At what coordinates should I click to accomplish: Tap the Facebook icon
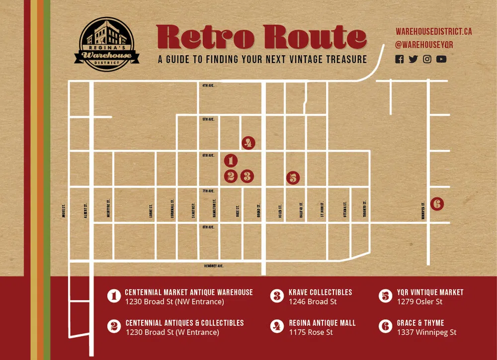[400, 59]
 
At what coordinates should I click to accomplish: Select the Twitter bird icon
[413, 59]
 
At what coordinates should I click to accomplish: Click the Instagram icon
[427, 59]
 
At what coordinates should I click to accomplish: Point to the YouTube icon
[441, 59]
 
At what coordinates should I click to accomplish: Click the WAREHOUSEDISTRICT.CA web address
[433, 31]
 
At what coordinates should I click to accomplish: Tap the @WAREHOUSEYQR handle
[424, 45]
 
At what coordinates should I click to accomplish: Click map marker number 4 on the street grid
[248, 143]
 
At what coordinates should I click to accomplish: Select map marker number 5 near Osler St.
[293, 178]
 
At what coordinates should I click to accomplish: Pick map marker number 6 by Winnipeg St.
[437, 203]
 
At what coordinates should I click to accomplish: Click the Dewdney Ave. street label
[214, 266]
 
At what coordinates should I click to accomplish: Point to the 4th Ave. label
[208, 86]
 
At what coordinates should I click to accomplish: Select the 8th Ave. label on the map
[208, 227]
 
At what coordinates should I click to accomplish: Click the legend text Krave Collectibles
[320, 292]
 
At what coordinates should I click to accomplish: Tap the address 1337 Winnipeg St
[426, 332]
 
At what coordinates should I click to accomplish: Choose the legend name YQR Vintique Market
[430, 292]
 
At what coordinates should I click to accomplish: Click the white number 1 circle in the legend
[114, 296]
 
